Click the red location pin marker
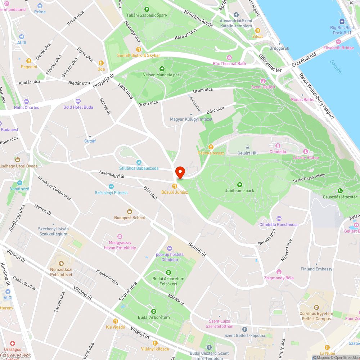tap(180, 172)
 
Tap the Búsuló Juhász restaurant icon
tap(175, 186)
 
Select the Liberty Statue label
tap(306, 158)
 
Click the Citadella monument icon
tap(278, 145)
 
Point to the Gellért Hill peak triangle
tap(248, 147)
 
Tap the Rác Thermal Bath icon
tap(229, 58)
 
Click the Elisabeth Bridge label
tap(338, 48)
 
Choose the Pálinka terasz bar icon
tap(211, 147)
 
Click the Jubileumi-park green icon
tap(240, 184)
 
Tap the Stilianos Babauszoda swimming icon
tap(139, 162)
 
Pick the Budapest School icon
tap(130, 212)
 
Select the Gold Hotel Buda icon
tap(78, 101)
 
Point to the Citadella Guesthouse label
tap(279, 225)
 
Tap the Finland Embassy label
tap(316, 269)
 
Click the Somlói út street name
tap(197, 249)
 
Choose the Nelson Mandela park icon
tap(162, 69)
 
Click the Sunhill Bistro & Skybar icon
tap(139, 49)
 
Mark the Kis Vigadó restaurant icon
tap(116, 321)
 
